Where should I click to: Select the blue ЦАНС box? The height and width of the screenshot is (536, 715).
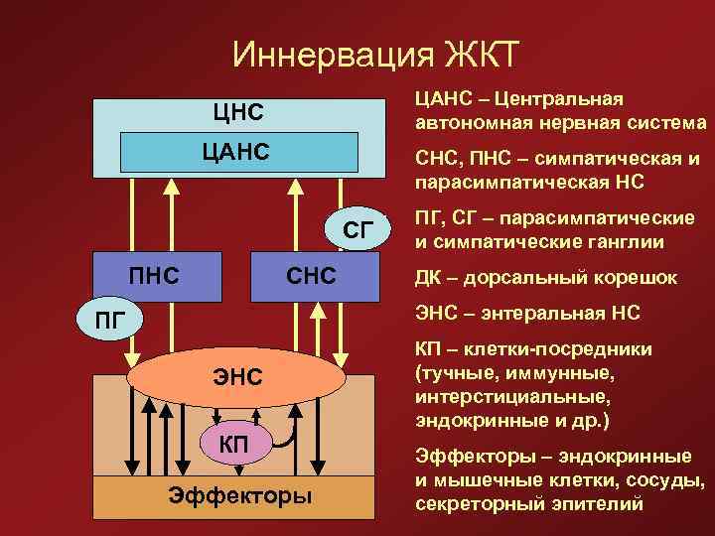coord(238,152)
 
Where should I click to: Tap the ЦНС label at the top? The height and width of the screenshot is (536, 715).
coord(237,112)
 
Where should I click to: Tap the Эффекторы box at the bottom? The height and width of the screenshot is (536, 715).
coord(237,496)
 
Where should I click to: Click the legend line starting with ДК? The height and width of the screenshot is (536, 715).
coord(546,279)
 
